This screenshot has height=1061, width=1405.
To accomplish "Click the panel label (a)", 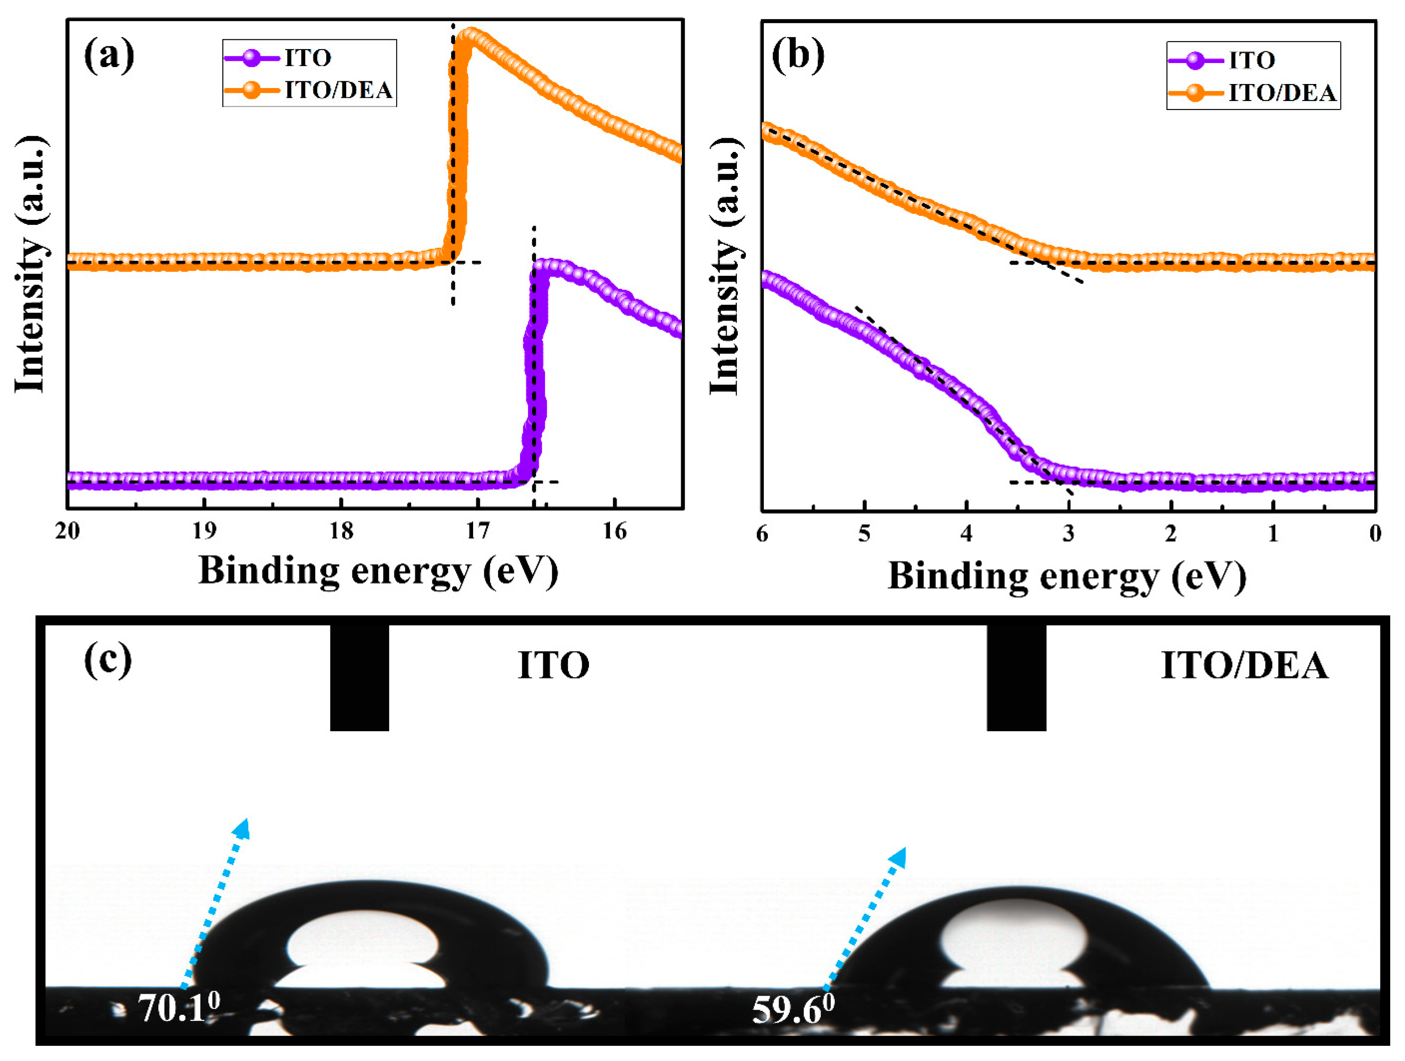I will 109,56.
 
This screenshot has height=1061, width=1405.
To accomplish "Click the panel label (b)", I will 798,56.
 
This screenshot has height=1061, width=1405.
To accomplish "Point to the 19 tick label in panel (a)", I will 204,530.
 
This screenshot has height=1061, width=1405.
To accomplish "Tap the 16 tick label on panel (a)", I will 615,530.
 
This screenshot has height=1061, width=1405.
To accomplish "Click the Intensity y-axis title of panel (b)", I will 725,267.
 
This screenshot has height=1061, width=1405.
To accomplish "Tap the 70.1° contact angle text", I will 179,1008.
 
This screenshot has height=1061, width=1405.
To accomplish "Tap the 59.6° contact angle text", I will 793,1010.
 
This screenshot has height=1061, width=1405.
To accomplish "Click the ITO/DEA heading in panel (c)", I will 1244,666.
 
